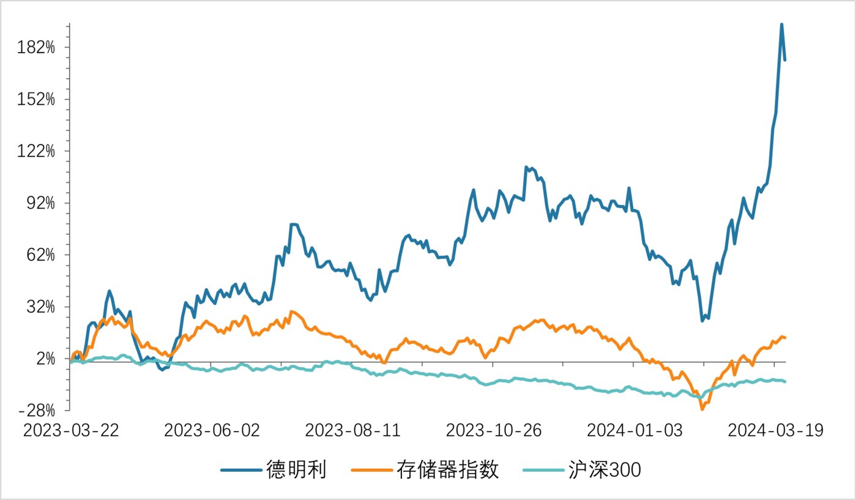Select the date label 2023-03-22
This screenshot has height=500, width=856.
[x=71, y=430]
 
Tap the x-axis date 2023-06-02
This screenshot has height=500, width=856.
[x=212, y=430]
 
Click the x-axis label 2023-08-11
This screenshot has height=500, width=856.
[x=352, y=430]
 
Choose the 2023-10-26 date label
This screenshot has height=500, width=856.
[x=494, y=430]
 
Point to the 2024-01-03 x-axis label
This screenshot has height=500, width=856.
[x=635, y=430]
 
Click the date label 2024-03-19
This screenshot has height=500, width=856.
[x=775, y=430]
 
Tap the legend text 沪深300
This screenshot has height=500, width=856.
[x=602, y=469]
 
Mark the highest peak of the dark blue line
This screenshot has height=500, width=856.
[x=781, y=24]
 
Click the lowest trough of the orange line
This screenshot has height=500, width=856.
[x=702, y=409]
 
